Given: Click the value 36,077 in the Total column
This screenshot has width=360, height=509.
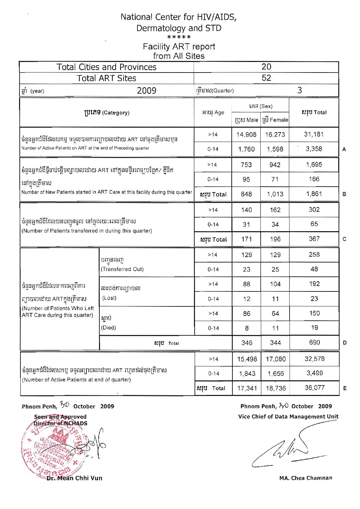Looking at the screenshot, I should click(x=314, y=388).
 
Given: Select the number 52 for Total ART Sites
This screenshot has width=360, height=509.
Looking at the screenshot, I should click(x=266, y=78).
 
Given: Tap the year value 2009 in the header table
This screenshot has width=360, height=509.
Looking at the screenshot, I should click(x=147, y=91).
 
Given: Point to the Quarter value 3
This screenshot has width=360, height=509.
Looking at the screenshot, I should click(x=299, y=90).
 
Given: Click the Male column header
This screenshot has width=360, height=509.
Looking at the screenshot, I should click(x=246, y=120).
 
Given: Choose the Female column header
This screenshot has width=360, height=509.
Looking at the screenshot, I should click(x=275, y=120).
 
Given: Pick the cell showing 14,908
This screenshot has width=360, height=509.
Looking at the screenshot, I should click(x=246, y=134).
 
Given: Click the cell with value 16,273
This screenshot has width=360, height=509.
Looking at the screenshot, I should click(x=275, y=134).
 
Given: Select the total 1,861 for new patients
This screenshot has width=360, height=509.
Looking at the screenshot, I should click(x=314, y=194).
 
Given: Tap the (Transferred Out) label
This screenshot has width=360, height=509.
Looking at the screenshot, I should click(x=122, y=269).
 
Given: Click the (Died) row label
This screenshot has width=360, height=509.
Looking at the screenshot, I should click(x=109, y=328).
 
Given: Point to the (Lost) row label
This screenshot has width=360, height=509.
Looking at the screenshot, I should click(x=110, y=298).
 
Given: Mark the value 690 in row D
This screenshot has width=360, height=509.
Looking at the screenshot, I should click(x=314, y=343).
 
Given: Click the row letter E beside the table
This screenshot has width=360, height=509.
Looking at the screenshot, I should click(x=345, y=388).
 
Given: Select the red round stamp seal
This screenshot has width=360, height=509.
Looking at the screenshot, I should click(x=51, y=449).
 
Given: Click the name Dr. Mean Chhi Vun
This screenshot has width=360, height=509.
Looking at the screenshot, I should click(x=74, y=478).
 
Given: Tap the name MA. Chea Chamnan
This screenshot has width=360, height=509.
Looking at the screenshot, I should click(x=306, y=478).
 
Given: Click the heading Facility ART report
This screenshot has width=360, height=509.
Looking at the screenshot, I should click(x=179, y=47).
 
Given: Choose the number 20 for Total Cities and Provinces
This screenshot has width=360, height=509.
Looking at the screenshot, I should click(x=266, y=67).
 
